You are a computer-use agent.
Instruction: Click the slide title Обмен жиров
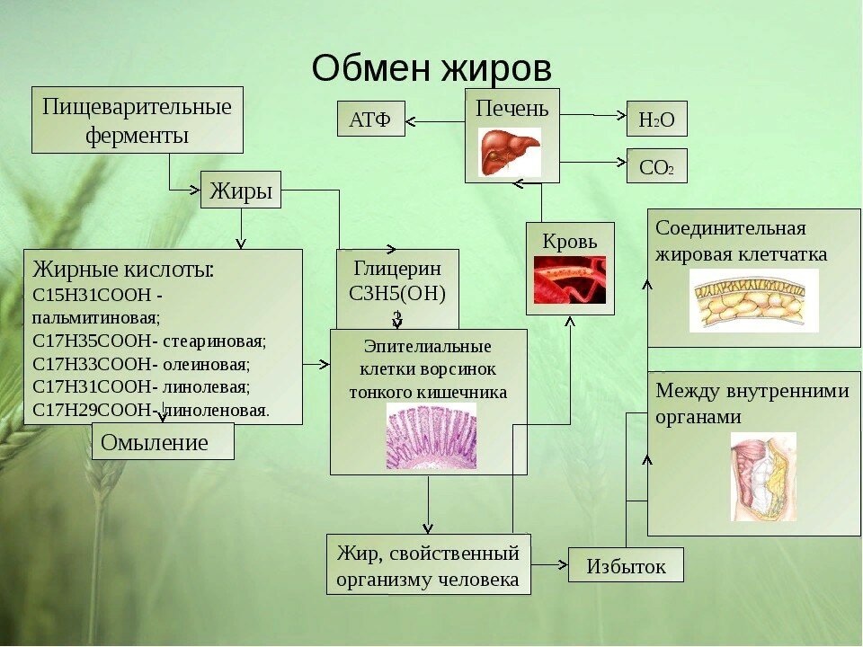click(x=431, y=66)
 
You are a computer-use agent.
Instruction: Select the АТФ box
click(x=370, y=120)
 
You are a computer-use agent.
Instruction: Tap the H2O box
click(x=656, y=120)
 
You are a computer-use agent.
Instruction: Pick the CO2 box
click(x=656, y=166)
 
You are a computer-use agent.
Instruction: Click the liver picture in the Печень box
click(x=509, y=151)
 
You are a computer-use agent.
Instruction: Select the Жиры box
click(x=240, y=190)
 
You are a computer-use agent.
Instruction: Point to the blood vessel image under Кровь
click(x=570, y=279)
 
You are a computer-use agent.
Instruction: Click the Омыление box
click(x=163, y=442)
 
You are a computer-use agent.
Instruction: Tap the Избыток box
click(x=626, y=566)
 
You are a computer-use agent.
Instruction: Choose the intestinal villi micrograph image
click(x=431, y=435)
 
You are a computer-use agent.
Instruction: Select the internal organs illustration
click(x=762, y=476)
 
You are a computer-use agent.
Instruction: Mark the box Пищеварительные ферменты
click(x=137, y=120)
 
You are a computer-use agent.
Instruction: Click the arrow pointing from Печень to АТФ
click(x=435, y=120)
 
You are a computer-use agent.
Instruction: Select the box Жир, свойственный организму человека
click(x=428, y=564)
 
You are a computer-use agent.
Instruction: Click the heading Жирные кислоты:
click(x=123, y=269)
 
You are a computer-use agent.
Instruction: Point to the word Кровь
click(x=570, y=241)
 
